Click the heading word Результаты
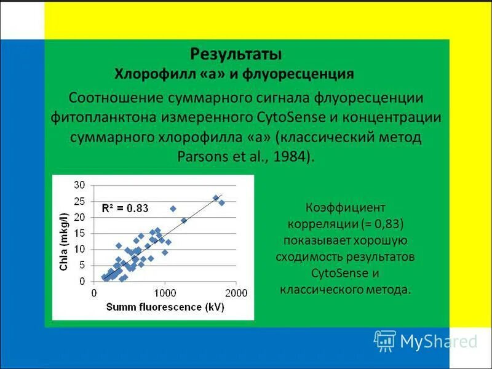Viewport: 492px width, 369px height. pos(236,54)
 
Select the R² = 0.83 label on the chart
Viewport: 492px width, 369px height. pos(125,208)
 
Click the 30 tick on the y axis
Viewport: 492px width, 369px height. pos(79,185)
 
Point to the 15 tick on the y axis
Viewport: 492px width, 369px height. pos(79,233)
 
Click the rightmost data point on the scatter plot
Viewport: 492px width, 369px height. pos(221,202)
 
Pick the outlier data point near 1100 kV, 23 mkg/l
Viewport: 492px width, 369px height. pos(173,208)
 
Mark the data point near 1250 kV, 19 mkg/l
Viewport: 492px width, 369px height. pos(183,220)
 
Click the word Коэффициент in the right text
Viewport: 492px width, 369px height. pos(345,208)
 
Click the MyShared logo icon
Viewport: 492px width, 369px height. pos(385,340)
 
